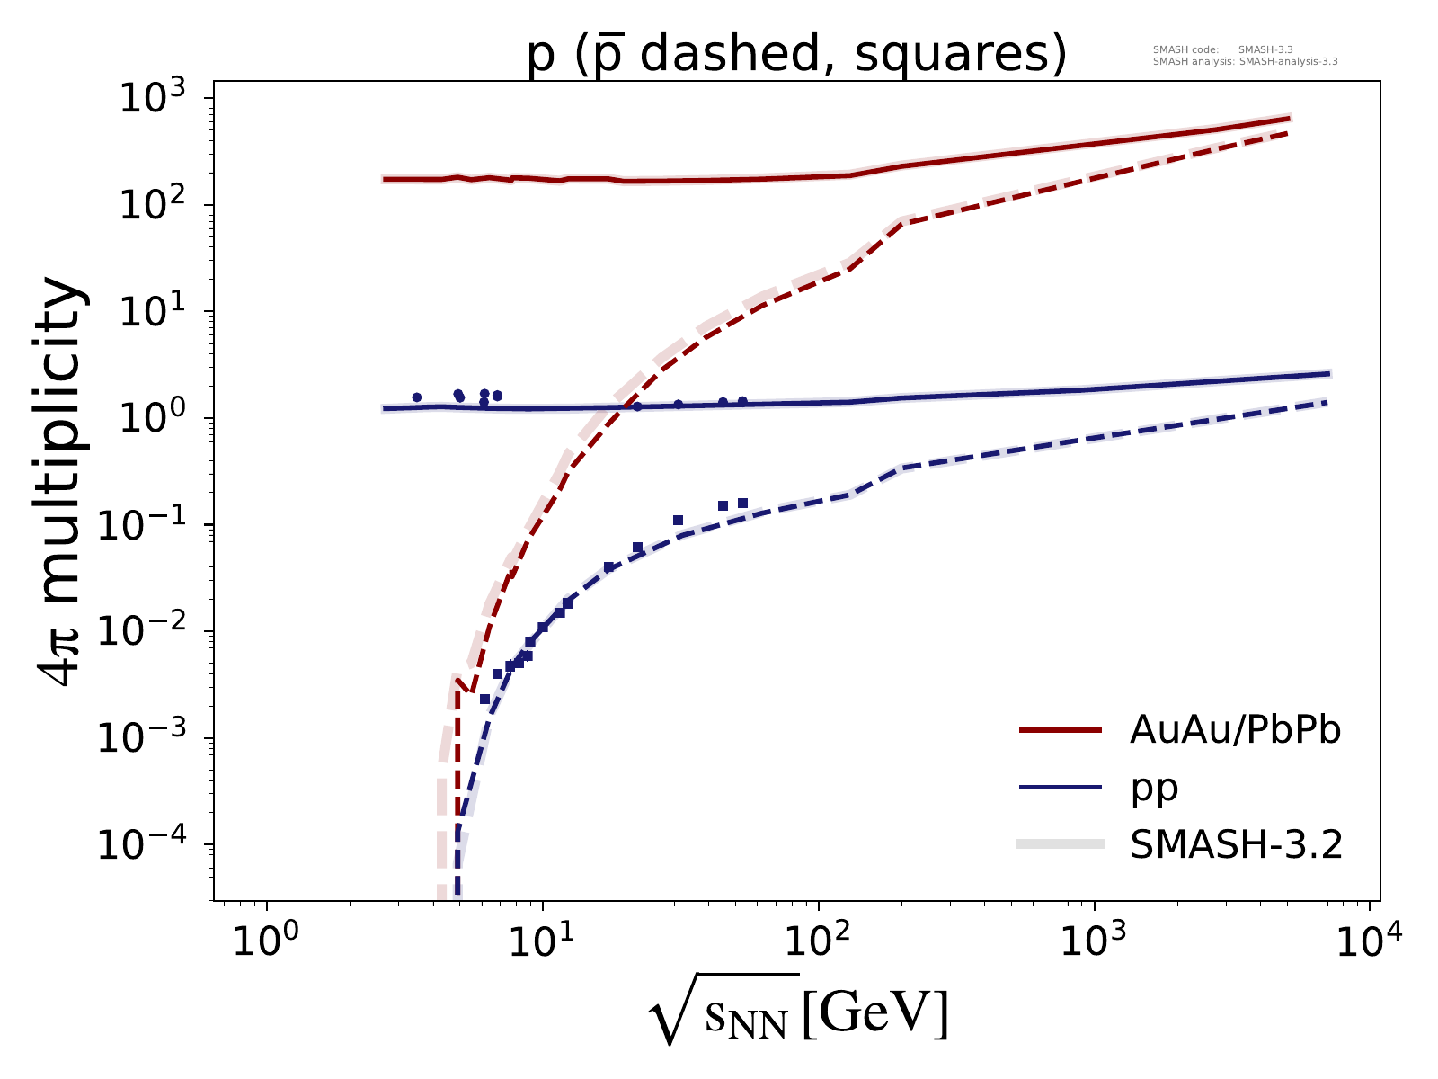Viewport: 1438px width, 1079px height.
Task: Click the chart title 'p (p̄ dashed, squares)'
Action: click(x=796, y=56)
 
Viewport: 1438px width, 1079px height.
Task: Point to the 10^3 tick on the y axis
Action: click(x=163, y=98)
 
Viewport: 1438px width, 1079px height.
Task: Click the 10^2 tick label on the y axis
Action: click(x=163, y=204)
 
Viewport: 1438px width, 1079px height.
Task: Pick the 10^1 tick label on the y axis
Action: click(x=163, y=311)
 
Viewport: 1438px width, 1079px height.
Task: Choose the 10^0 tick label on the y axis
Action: click(x=163, y=418)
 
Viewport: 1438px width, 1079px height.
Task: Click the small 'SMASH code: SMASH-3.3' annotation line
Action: click(x=1222, y=50)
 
